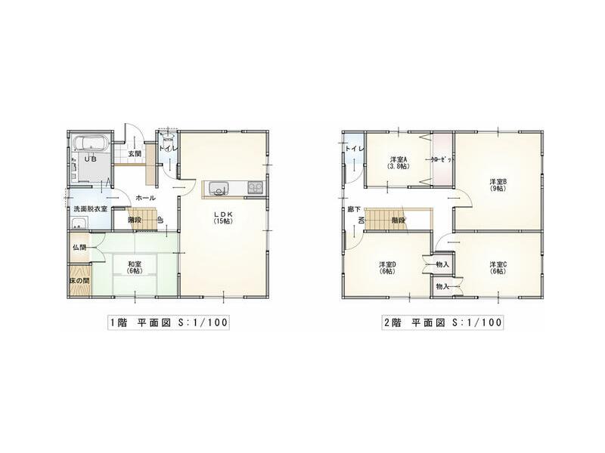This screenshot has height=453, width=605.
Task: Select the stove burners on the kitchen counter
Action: pyautogui.click(x=253, y=188)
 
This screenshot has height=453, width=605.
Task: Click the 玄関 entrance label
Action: pyautogui.click(x=135, y=153)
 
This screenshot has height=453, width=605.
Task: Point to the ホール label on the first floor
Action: pyautogui.click(x=146, y=198)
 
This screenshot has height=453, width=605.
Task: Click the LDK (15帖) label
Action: pyautogui.click(x=222, y=217)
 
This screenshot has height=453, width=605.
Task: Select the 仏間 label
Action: pyautogui.click(x=79, y=248)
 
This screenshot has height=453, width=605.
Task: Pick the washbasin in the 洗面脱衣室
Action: pyautogui.click(x=79, y=223)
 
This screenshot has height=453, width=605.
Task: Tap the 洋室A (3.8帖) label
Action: pyautogui.click(x=399, y=162)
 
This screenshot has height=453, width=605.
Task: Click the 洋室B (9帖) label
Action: pyautogui.click(x=497, y=184)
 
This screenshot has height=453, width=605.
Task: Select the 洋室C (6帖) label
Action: pyautogui.click(x=497, y=267)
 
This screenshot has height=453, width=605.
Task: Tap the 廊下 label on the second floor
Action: pyautogui.click(x=352, y=210)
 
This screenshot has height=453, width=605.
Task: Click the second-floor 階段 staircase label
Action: pyautogui.click(x=398, y=220)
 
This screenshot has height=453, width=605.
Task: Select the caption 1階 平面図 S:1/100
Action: pyautogui.click(x=169, y=322)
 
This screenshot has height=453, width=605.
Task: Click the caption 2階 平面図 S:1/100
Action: pyautogui.click(x=442, y=322)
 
